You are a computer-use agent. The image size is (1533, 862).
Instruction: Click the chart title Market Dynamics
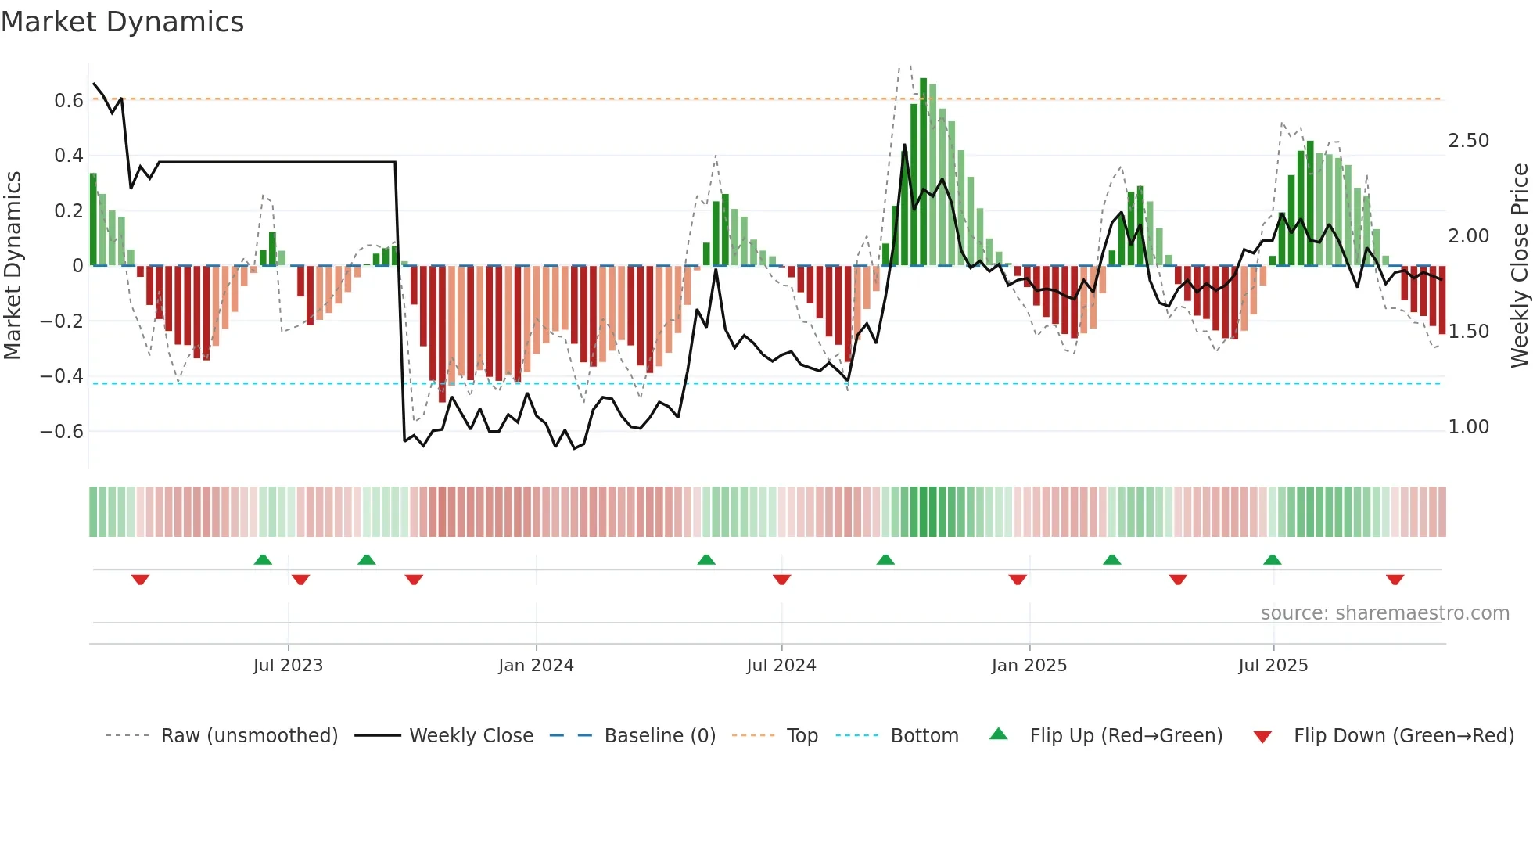pos(122,22)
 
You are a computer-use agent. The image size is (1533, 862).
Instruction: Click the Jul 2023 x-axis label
pos(288,666)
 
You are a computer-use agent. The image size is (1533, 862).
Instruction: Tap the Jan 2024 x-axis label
pos(536,666)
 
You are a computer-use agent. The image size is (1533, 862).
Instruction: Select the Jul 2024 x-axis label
pos(781,666)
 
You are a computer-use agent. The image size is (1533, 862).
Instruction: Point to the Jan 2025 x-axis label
pos(1029,666)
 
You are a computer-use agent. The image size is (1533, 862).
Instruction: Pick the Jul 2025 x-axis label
pos(1273,666)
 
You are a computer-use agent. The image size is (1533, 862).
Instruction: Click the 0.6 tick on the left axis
pos(69,101)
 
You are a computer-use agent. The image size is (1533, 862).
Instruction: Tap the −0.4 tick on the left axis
pos(62,376)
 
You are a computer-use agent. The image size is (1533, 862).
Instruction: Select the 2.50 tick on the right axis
pos(1468,141)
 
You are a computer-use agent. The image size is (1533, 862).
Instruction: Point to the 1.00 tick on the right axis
pos(1468,427)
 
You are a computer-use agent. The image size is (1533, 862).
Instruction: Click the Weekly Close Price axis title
pos(1519,266)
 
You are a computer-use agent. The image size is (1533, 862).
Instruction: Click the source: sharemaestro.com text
pos(1384,613)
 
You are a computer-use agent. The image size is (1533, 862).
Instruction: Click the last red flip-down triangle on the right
pos(1395,580)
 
